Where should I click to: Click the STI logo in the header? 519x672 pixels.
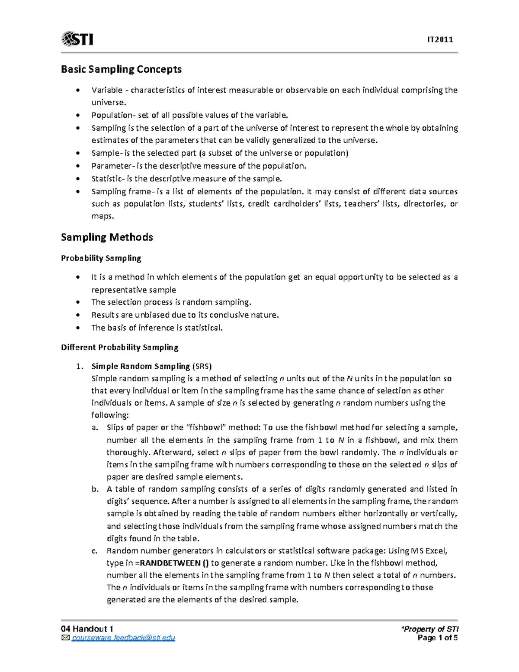77,39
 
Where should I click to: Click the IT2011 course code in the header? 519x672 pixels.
440,40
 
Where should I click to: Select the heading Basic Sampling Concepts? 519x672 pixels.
121,69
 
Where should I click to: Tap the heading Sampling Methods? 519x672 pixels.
107,237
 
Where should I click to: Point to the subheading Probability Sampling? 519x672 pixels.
101,258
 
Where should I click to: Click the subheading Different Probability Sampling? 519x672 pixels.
119,347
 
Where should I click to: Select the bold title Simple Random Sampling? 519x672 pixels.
141,367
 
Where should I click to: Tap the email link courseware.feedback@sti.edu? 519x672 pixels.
123,638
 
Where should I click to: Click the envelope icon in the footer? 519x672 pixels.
65,638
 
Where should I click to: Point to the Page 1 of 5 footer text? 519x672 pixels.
437,638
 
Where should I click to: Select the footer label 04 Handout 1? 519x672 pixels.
87,629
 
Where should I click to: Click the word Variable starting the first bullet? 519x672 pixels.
107,90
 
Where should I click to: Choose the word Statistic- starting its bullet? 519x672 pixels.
108,179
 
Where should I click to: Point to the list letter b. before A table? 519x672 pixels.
95,489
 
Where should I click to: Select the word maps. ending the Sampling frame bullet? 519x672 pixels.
103,216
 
